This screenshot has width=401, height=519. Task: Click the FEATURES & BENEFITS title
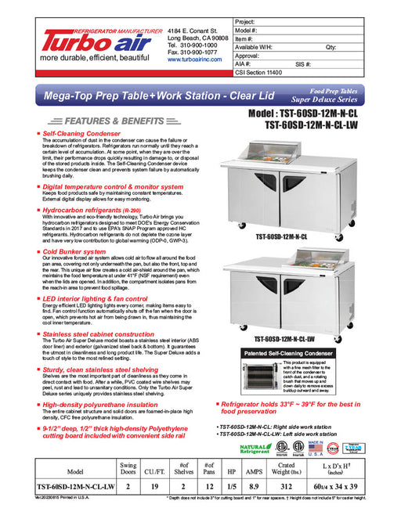point(101,121)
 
